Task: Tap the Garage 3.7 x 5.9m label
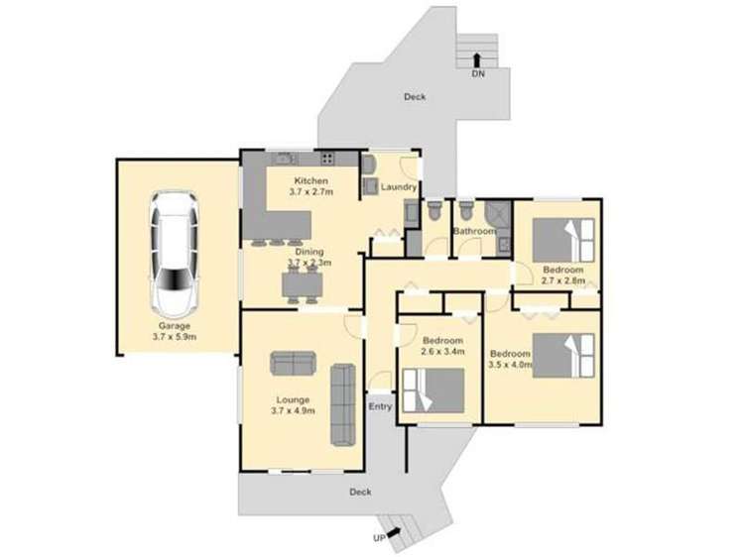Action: pyautogui.click(x=174, y=331)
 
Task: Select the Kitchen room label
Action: pyautogui.click(x=310, y=185)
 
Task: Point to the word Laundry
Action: pyautogui.click(x=398, y=186)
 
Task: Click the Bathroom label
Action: pyautogui.click(x=473, y=231)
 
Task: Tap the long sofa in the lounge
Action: pyautogui.click(x=343, y=403)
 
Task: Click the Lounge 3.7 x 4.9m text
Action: pyautogui.click(x=292, y=404)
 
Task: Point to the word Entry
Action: pyautogui.click(x=381, y=406)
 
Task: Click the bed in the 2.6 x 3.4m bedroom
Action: pyautogui.click(x=433, y=390)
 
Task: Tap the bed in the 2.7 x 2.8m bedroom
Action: pyautogui.click(x=562, y=239)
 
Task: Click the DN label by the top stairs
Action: pyautogui.click(x=478, y=73)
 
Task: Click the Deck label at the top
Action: pyautogui.click(x=415, y=97)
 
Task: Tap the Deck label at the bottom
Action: pyautogui.click(x=359, y=492)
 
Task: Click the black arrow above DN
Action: pyautogui.click(x=478, y=59)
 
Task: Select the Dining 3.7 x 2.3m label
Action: pyautogui.click(x=309, y=258)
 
